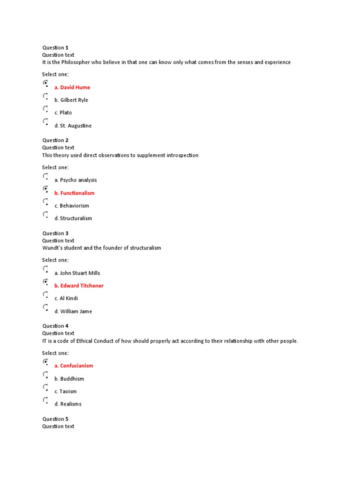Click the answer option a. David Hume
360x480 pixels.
pos(72,87)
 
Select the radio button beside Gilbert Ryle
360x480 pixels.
pos(45,97)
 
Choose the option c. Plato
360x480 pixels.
pos(63,112)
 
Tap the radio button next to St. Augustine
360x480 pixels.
pos(45,122)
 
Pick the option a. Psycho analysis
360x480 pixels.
pos(75,180)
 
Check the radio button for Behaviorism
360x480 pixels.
pos(45,202)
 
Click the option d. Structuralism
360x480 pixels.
pos(73,218)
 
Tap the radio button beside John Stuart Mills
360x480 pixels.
pos(45,270)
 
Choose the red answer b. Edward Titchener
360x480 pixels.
pos(79,285)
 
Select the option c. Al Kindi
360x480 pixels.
pos(66,298)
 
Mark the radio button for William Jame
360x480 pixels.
pos(45,308)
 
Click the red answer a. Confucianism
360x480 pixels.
pos(74,366)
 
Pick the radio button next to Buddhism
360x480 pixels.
pos(45,375)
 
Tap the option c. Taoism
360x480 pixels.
pos(65,391)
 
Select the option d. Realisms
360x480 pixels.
pos(67,404)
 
